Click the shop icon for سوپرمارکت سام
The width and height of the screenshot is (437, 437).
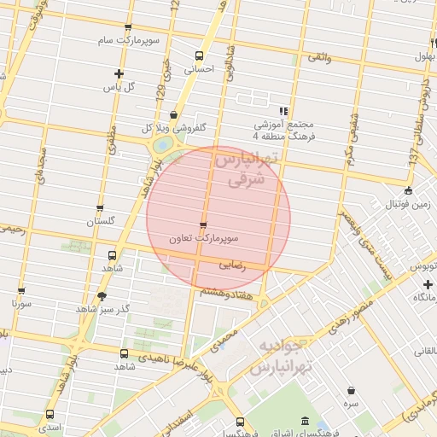[x=128, y=27]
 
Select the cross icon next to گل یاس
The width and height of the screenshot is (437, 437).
[x=118, y=73]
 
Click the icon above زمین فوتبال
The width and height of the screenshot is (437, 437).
[x=409, y=190]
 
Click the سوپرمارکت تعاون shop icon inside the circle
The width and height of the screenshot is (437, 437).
[x=202, y=225]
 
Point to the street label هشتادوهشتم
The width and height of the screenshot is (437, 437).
[x=224, y=292]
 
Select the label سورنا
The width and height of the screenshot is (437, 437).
[x=22, y=303]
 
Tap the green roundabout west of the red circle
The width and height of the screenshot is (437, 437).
[x=160, y=146]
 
